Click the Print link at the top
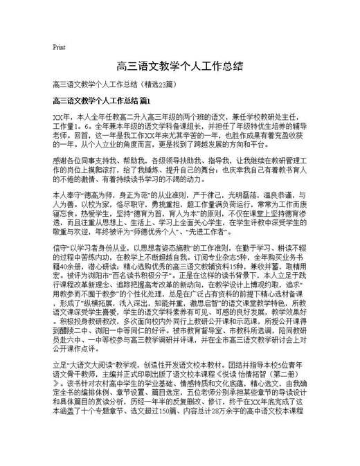click(59, 48)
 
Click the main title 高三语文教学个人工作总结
click(180, 66)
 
